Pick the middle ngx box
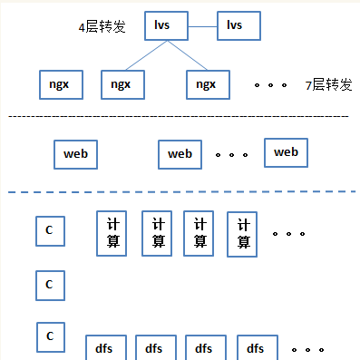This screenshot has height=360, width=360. point(121,84)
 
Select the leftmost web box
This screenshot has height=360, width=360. point(75,152)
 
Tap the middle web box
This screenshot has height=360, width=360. point(180,153)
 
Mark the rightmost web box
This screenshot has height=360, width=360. point(286,151)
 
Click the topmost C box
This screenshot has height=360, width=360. point(50,231)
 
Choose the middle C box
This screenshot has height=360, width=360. point(50,285)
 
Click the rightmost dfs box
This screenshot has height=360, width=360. point(256,348)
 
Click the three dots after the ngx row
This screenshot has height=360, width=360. point(270,85)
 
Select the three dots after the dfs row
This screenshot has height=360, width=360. point(308,348)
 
